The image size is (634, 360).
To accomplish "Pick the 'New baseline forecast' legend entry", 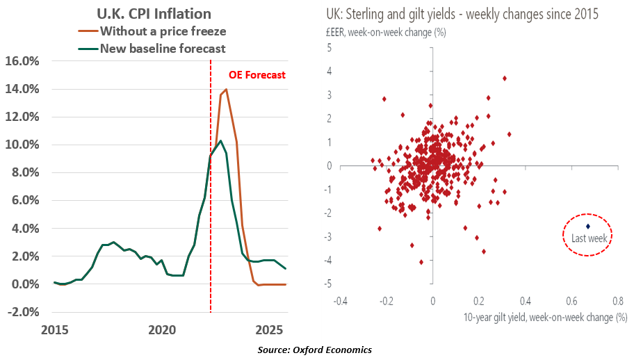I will click(x=163, y=48).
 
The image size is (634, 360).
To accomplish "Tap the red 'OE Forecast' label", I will click(x=257, y=74).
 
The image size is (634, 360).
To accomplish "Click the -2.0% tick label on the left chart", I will click(x=25, y=311).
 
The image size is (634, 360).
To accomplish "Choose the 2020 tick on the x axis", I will click(x=161, y=329).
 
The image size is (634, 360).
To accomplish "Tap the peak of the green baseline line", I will click(x=220, y=141).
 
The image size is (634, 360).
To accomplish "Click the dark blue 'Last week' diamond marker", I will click(x=588, y=226).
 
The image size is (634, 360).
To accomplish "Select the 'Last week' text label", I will click(x=585, y=238).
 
